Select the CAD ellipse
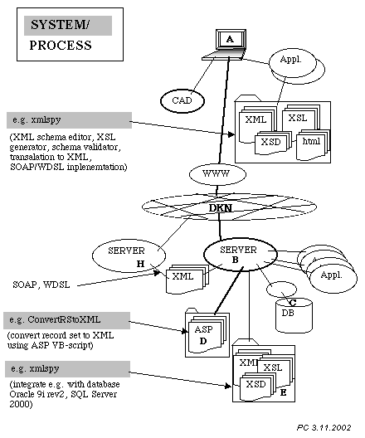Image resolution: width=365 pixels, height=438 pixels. pos(182,100)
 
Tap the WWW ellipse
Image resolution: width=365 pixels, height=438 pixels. pos(217,174)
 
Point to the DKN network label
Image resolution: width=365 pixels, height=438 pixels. pos(221,208)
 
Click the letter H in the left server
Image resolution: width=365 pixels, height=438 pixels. pos(140,264)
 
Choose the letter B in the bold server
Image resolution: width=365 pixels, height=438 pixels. pos(235,260)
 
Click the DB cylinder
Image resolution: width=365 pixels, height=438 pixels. pos(294,315)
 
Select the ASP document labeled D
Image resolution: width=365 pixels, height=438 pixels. pos(205,334)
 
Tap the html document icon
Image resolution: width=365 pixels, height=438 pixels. pos(311,144)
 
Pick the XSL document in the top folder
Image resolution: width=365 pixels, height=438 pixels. pos(299,119)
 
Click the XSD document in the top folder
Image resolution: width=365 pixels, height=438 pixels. pos(271,143)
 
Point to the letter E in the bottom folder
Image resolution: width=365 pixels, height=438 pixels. pos(283,392)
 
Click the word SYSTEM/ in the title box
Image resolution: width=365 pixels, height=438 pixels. pos(60,25)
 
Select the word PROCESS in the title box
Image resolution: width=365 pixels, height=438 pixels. pos(61,46)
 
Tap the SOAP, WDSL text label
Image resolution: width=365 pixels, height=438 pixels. pos(41,285)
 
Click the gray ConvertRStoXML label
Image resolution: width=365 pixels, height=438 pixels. pos(66,320)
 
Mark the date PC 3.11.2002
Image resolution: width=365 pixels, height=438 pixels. pos(324,427)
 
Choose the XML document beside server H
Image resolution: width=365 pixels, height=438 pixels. pos(186,279)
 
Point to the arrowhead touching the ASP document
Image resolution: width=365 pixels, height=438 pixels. pos(185,331)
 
